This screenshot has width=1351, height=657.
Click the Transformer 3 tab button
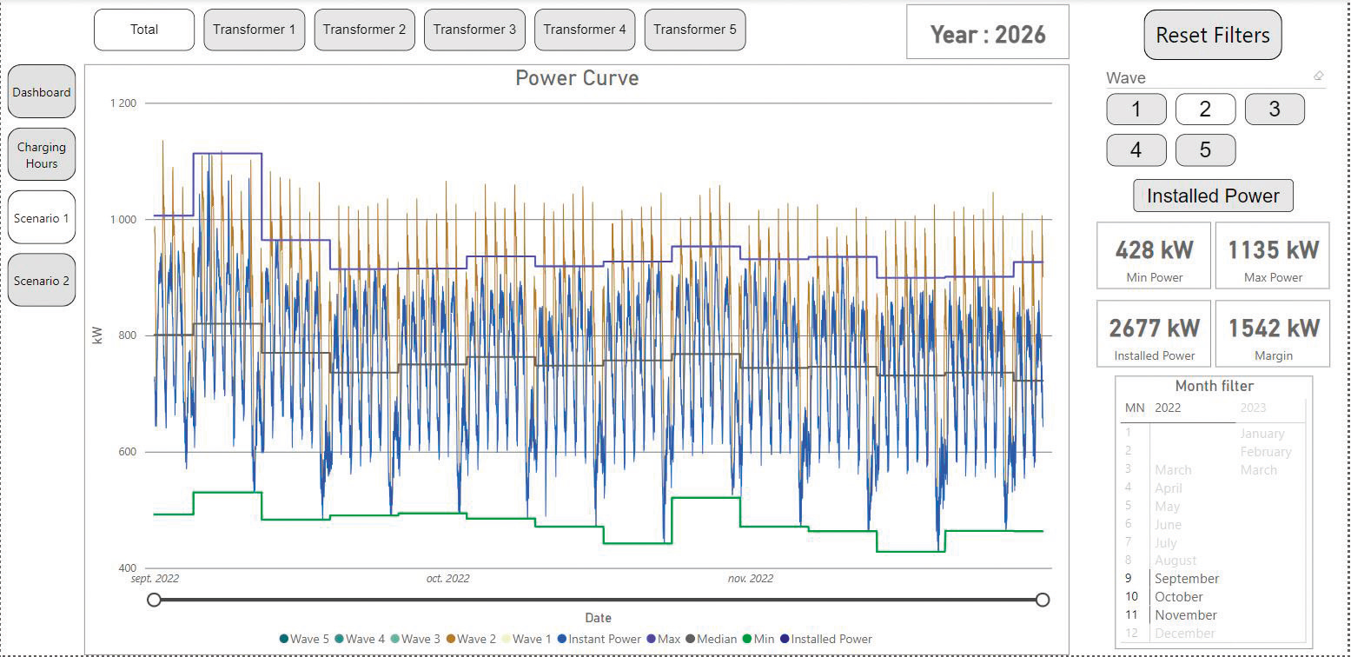coord(474,30)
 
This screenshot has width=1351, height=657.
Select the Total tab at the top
coord(144,30)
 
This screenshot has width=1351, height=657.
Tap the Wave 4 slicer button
coord(1136,150)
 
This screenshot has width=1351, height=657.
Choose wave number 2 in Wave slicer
coord(1205,109)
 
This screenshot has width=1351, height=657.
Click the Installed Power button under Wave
coord(1213,196)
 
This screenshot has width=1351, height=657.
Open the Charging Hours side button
coord(42,156)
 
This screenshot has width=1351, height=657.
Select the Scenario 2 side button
coord(42,281)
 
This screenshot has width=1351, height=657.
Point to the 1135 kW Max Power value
coord(1273,250)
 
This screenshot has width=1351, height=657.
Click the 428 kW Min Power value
coord(1154,250)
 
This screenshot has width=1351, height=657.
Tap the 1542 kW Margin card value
coord(1273,328)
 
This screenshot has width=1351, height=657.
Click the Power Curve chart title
coord(577,78)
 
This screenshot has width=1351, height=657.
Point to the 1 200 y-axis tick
coord(123,103)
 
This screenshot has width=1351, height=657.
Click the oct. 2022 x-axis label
coord(447,579)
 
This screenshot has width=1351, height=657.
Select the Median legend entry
coord(715,639)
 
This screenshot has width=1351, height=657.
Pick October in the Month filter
coord(1178,597)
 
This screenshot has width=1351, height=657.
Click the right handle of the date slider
coord(1043,600)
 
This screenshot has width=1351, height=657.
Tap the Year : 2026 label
coord(988,34)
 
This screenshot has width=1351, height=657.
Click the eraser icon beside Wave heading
coord(1318,76)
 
